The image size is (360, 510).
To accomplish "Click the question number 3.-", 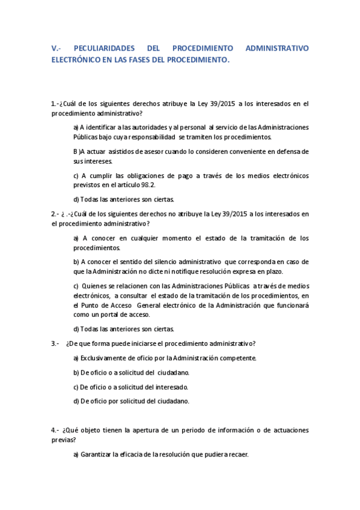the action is point(55,343).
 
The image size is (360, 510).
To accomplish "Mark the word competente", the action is point(240,358).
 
